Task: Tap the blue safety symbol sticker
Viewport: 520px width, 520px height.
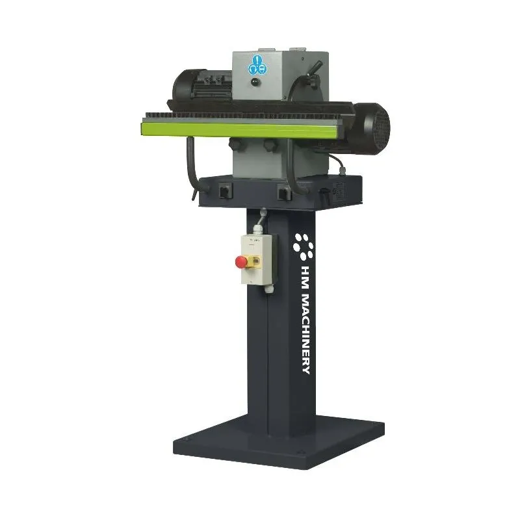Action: tap(258, 65)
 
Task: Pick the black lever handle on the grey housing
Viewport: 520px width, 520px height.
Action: tap(316, 68)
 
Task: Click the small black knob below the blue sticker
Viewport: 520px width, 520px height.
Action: tap(258, 83)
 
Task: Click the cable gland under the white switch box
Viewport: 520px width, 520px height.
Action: tap(266, 289)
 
